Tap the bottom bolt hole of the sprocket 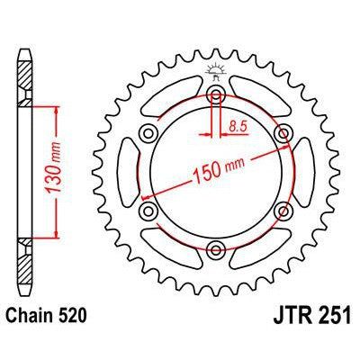[x=216, y=250]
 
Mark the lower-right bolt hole [x=284, y=211]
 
